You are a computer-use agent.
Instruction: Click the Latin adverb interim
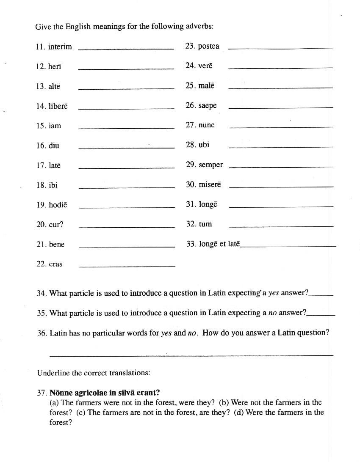tap(60, 47)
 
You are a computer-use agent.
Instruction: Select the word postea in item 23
tap(208, 46)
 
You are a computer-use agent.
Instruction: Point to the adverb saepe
tap(207, 105)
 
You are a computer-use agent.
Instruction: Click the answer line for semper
tap(281, 167)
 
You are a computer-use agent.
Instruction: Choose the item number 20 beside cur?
tap(41, 225)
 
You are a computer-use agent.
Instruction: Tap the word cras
tap(55, 264)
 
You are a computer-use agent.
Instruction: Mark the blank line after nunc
tap(281, 127)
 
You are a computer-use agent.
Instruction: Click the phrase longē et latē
tap(219, 244)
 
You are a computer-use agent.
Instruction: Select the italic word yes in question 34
tap(274, 293)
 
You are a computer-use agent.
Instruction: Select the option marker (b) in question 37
tap(224, 402)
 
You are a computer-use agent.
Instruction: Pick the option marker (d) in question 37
tap(239, 412)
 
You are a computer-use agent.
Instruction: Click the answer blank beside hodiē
tap(127, 207)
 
